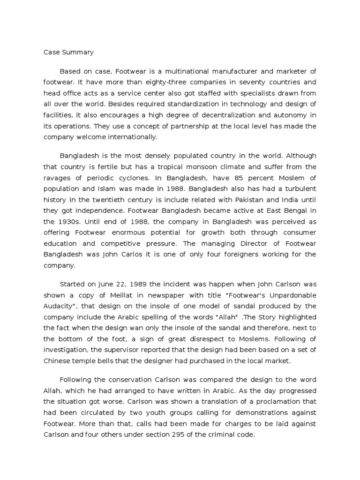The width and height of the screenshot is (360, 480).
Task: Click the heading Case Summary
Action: (x=68, y=52)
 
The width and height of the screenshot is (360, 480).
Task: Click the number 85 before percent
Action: (x=239, y=178)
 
